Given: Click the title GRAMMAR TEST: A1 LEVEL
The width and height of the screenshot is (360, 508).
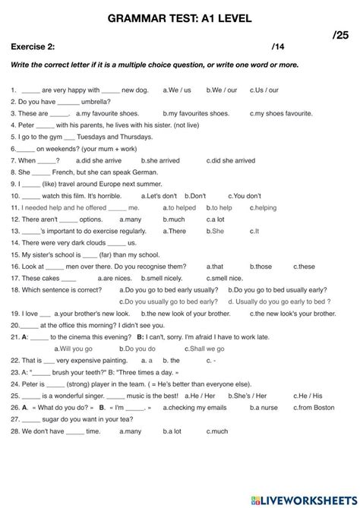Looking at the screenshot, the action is click(x=180, y=17).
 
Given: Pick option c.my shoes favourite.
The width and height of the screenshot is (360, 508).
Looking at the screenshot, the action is click(x=283, y=113).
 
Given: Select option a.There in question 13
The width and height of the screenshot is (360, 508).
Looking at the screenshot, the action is click(x=174, y=231).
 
